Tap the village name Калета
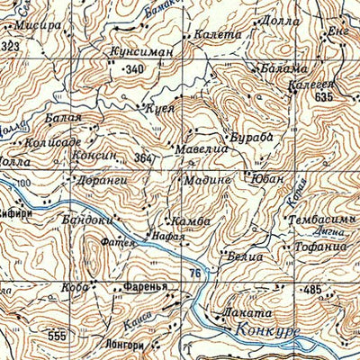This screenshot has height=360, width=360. tap(213, 34)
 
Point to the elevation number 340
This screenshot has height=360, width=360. tap(134, 69)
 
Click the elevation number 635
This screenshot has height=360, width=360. tap(324, 96)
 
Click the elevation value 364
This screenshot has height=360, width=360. tap(142, 159)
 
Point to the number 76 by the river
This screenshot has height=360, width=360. tap(194, 273)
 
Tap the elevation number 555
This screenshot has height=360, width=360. tap(57, 334)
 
